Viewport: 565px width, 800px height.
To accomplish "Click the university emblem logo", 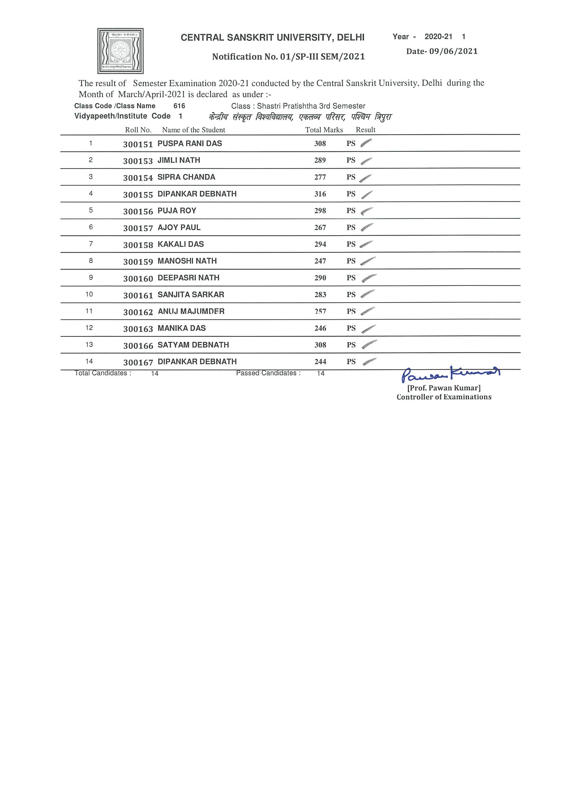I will (x=120, y=51).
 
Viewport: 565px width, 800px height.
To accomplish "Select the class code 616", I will (x=179, y=106).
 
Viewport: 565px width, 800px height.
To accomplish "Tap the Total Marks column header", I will (x=324, y=130).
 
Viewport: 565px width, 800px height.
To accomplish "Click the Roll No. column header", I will (x=138, y=130).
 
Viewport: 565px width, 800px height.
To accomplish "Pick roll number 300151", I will (x=138, y=144).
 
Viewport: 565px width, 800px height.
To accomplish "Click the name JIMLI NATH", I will (x=179, y=160).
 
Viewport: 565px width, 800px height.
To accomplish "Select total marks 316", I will (x=320, y=194).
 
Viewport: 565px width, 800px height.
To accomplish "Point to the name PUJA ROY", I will (x=177, y=211).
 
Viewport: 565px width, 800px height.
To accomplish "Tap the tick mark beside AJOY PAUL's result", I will (x=367, y=227).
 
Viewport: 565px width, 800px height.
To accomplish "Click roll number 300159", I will (x=138, y=262).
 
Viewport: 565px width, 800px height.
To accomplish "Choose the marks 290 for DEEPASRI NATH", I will (x=320, y=278).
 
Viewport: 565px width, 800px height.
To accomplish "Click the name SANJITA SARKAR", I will (x=191, y=295).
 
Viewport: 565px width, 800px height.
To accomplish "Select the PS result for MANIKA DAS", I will (x=351, y=328).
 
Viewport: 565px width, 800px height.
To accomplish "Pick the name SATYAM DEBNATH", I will (x=193, y=345).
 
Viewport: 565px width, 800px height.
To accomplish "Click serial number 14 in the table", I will (x=89, y=361).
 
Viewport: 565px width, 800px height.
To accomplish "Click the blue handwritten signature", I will (x=451, y=374).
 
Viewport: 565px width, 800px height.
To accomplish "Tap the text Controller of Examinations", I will (x=444, y=397).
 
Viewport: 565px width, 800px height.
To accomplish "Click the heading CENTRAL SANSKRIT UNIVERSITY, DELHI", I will (x=272, y=38).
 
